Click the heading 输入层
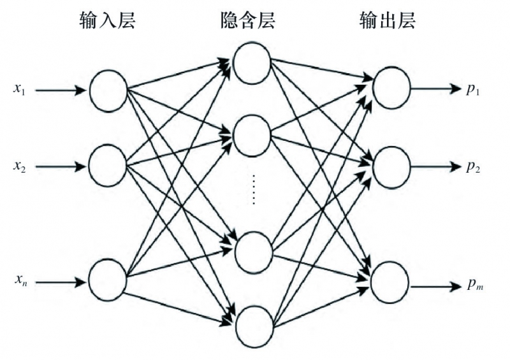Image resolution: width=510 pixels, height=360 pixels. pos(108,21)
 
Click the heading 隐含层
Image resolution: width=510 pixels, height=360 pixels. pos(248,21)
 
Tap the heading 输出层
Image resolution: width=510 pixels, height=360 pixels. pos(387,21)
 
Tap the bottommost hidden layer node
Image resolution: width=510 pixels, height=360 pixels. pos(254,326)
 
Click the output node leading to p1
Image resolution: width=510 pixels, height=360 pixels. pos(391,89)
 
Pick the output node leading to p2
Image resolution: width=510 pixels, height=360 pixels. pos(391,167)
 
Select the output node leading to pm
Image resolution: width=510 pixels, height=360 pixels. pos(391,282)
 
